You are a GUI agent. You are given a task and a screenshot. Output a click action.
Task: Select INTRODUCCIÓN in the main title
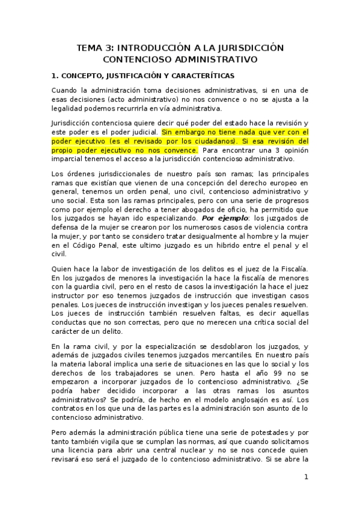pos(156,47)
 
